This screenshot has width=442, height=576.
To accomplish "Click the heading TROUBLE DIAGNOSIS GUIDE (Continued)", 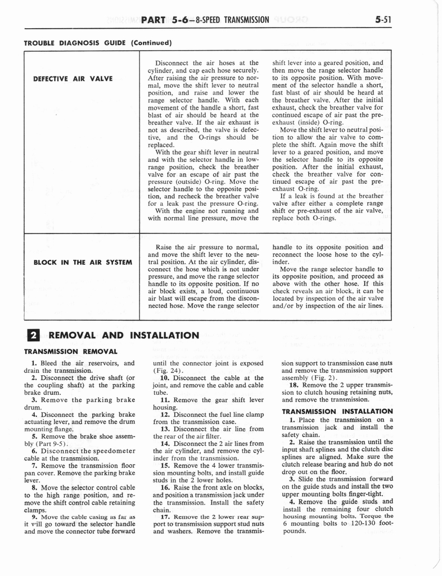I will point(97,43).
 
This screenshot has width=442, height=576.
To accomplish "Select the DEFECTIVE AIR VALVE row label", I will point(73,78).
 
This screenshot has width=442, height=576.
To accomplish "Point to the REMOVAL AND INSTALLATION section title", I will point(124,336).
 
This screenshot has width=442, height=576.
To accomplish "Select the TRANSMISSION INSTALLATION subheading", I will point(337,411).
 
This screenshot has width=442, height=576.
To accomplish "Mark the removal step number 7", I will point(34,466).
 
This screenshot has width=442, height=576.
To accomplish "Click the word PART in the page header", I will point(154,20).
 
